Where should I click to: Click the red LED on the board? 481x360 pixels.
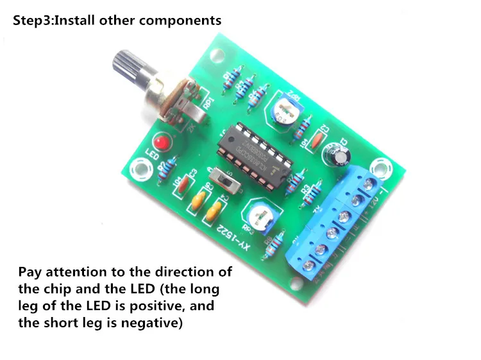(x=160, y=141)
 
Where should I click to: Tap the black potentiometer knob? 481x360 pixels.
(x=128, y=66)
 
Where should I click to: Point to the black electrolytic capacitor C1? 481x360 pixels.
(x=337, y=156)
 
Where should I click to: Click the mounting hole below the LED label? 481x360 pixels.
(x=139, y=170)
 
